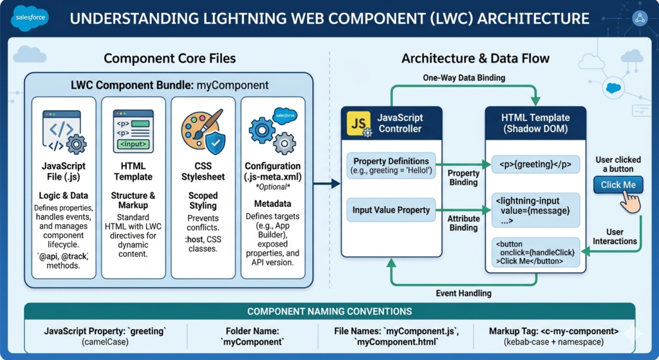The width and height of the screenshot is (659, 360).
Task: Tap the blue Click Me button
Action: coord(618,185)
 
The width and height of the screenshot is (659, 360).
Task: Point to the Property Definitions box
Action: coord(391,165)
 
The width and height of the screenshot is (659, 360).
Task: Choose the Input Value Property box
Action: coord(391,210)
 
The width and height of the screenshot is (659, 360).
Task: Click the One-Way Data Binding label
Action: coord(455,78)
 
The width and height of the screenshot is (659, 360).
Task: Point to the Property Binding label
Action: coord(463,178)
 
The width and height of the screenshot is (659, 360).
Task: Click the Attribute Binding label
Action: coord(463,223)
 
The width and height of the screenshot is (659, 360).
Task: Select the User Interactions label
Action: coord(616,236)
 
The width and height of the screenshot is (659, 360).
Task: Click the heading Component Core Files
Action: coord(170,59)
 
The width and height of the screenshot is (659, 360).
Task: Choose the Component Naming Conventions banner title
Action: coord(329,311)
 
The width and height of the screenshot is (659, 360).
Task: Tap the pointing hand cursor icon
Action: coord(631,202)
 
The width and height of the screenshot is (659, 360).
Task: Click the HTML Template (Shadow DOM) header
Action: coord(535,123)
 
